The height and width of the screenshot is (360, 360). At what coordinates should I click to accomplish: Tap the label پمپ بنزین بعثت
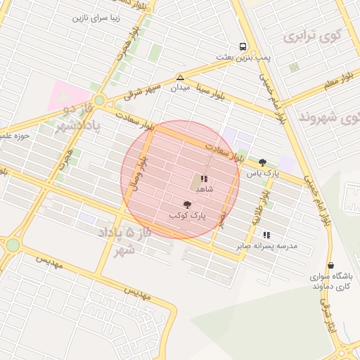(x=243, y=56)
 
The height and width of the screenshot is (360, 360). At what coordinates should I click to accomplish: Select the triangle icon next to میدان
(x=181, y=78)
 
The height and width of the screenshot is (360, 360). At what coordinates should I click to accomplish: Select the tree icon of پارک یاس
(x=263, y=162)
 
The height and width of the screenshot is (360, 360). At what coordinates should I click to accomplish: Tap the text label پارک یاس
(x=267, y=172)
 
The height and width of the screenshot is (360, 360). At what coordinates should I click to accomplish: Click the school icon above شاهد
(x=204, y=179)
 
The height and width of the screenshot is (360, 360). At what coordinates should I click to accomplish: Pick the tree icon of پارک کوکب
(x=186, y=204)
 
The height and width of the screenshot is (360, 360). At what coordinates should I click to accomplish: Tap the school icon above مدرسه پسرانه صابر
(x=266, y=235)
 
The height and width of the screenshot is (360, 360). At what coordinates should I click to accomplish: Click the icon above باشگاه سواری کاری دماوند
(x=330, y=266)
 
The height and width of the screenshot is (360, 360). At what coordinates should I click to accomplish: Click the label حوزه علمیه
(x=14, y=136)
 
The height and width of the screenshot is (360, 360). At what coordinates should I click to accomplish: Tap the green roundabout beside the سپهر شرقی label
(x=99, y=101)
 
